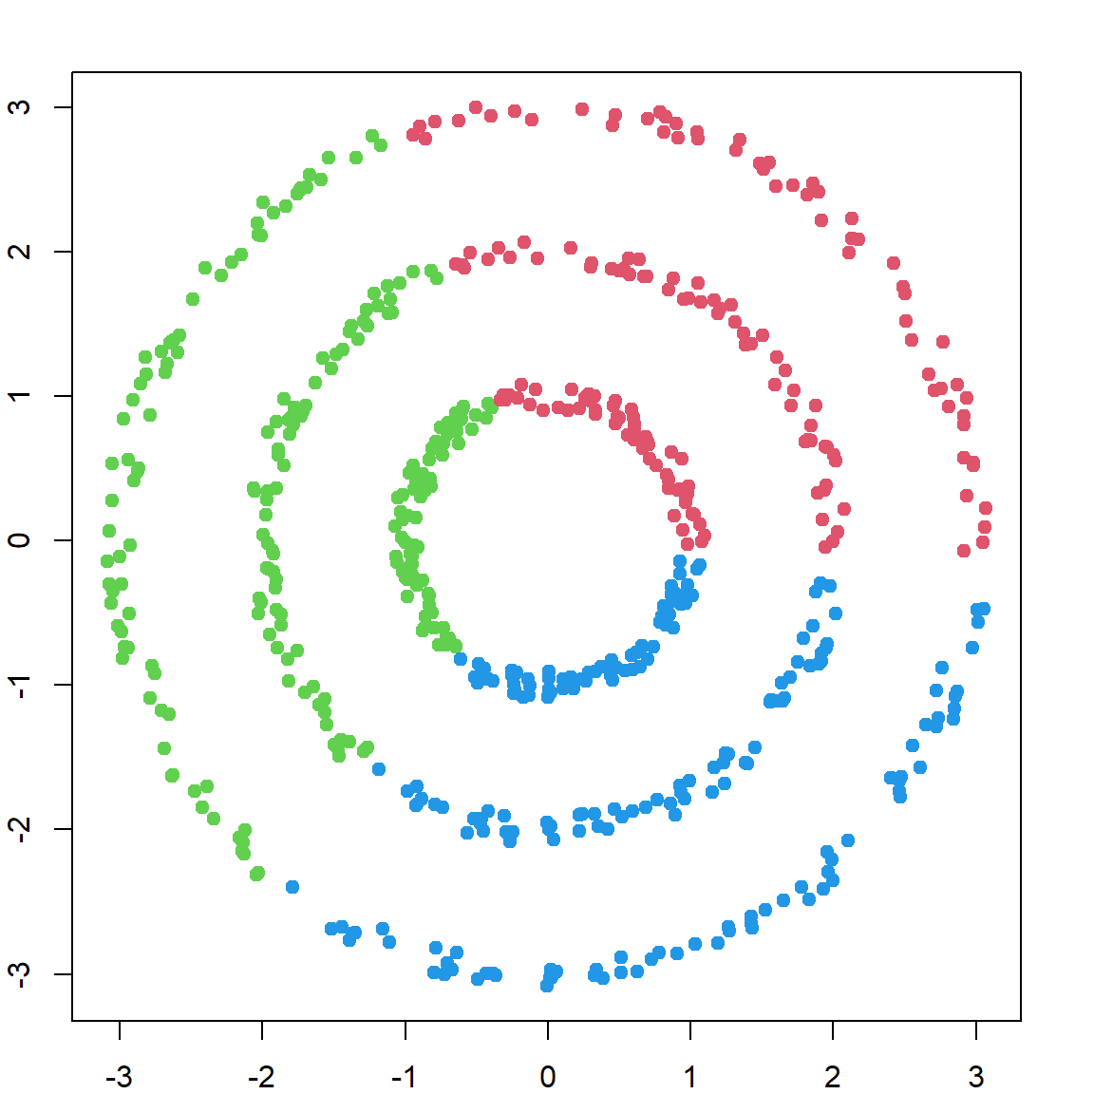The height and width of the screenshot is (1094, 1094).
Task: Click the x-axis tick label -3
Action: [x=119, y=1077]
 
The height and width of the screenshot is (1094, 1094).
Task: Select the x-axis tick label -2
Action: [x=261, y=1077]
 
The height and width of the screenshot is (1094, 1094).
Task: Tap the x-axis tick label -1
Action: [x=404, y=1077]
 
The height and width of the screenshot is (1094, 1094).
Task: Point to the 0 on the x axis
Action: [x=548, y=1077]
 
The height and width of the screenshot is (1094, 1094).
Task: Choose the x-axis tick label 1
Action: [x=690, y=1077]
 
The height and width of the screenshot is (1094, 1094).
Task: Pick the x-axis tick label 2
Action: [x=833, y=1077]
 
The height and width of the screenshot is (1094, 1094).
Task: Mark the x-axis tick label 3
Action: [x=976, y=1077]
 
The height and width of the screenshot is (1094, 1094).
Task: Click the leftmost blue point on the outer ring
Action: [x=292, y=887]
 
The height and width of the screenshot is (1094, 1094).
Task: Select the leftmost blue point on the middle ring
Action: [x=379, y=769]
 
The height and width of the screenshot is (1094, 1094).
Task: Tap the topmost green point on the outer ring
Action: [x=372, y=136]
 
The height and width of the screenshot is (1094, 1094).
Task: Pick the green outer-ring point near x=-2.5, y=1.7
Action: [x=193, y=299]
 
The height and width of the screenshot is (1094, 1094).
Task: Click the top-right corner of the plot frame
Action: [x=1021, y=72]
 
